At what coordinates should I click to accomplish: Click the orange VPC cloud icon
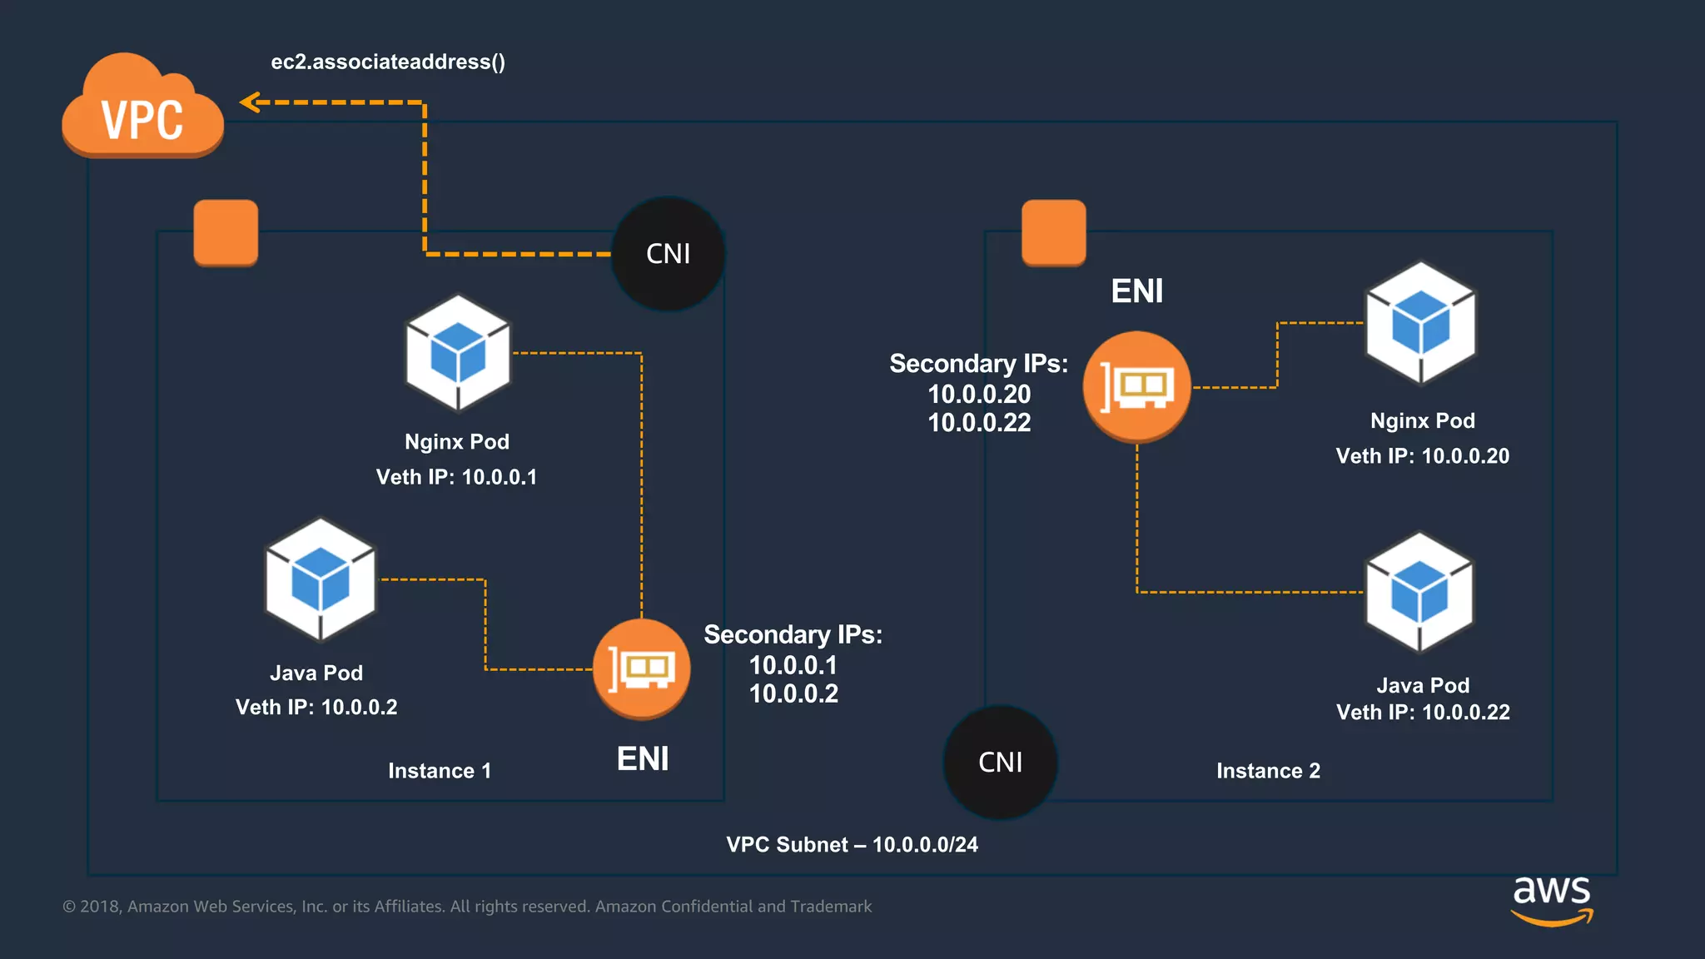[x=142, y=108]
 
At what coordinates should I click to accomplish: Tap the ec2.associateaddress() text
[x=388, y=62]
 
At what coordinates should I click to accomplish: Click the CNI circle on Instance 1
[x=668, y=254]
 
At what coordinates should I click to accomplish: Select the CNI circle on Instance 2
[x=1000, y=762]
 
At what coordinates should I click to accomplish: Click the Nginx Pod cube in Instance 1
[x=458, y=353]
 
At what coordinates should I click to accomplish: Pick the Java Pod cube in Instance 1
[x=321, y=579]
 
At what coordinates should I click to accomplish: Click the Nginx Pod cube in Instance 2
[x=1421, y=323]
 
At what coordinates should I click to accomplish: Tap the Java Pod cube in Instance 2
[x=1419, y=593]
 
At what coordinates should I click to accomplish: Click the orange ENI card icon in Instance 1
[x=641, y=668]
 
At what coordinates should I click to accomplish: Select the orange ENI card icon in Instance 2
[x=1136, y=386]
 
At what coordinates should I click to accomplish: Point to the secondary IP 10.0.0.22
[x=979, y=423]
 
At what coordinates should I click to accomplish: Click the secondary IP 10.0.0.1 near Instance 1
[x=793, y=665]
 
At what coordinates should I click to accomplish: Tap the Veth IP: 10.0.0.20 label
[x=1422, y=456]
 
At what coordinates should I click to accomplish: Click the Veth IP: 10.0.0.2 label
[x=316, y=708]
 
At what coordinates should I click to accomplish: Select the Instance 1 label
[x=440, y=771]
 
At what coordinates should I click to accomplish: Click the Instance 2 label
[x=1268, y=771]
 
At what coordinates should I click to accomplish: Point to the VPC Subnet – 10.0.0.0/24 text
[x=852, y=845]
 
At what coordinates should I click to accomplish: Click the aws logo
[x=1552, y=899]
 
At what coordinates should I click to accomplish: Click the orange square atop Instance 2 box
[x=1053, y=232]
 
